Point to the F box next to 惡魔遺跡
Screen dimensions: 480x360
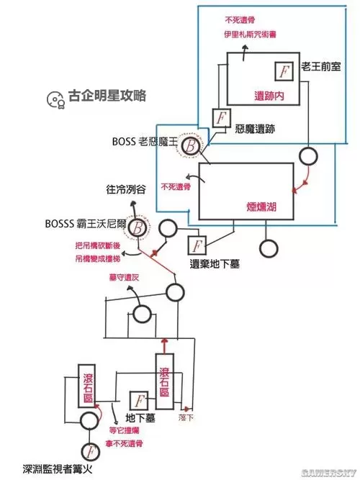[221, 117]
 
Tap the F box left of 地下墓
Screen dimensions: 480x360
[140, 400]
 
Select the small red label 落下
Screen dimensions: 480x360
[186, 416]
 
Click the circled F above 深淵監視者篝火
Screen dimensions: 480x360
[90, 452]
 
